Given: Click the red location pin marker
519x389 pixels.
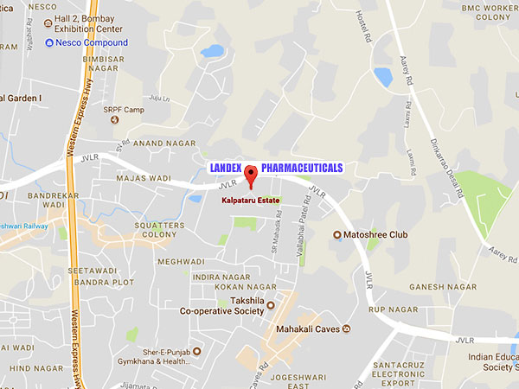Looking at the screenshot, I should tap(251, 175).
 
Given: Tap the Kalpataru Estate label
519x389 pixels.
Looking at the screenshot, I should tap(251, 199).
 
